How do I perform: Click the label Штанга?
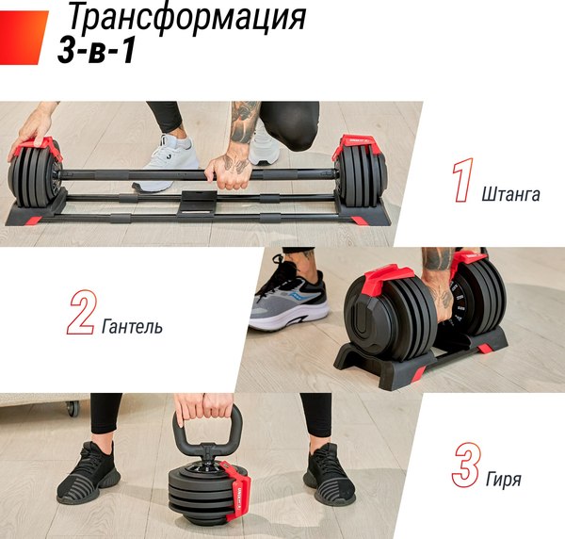(509, 194)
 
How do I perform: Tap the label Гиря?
(504, 480)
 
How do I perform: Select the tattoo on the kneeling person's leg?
(243, 122)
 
